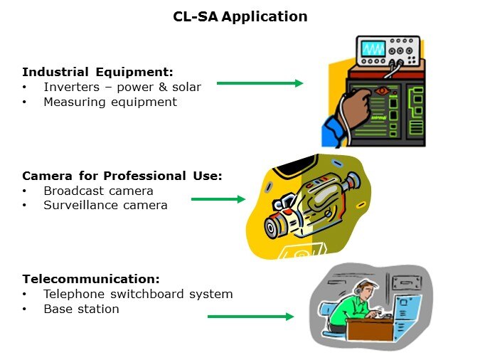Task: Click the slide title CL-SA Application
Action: (240, 16)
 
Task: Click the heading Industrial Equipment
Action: (98, 72)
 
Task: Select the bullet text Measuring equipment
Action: (110, 102)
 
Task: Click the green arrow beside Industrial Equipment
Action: (260, 83)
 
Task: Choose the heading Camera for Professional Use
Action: (122, 176)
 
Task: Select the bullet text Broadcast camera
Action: (98, 191)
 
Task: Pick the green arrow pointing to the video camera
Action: (218, 199)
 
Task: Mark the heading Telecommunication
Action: (91, 279)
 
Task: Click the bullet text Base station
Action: (81, 309)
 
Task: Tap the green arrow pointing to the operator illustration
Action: (250, 317)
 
